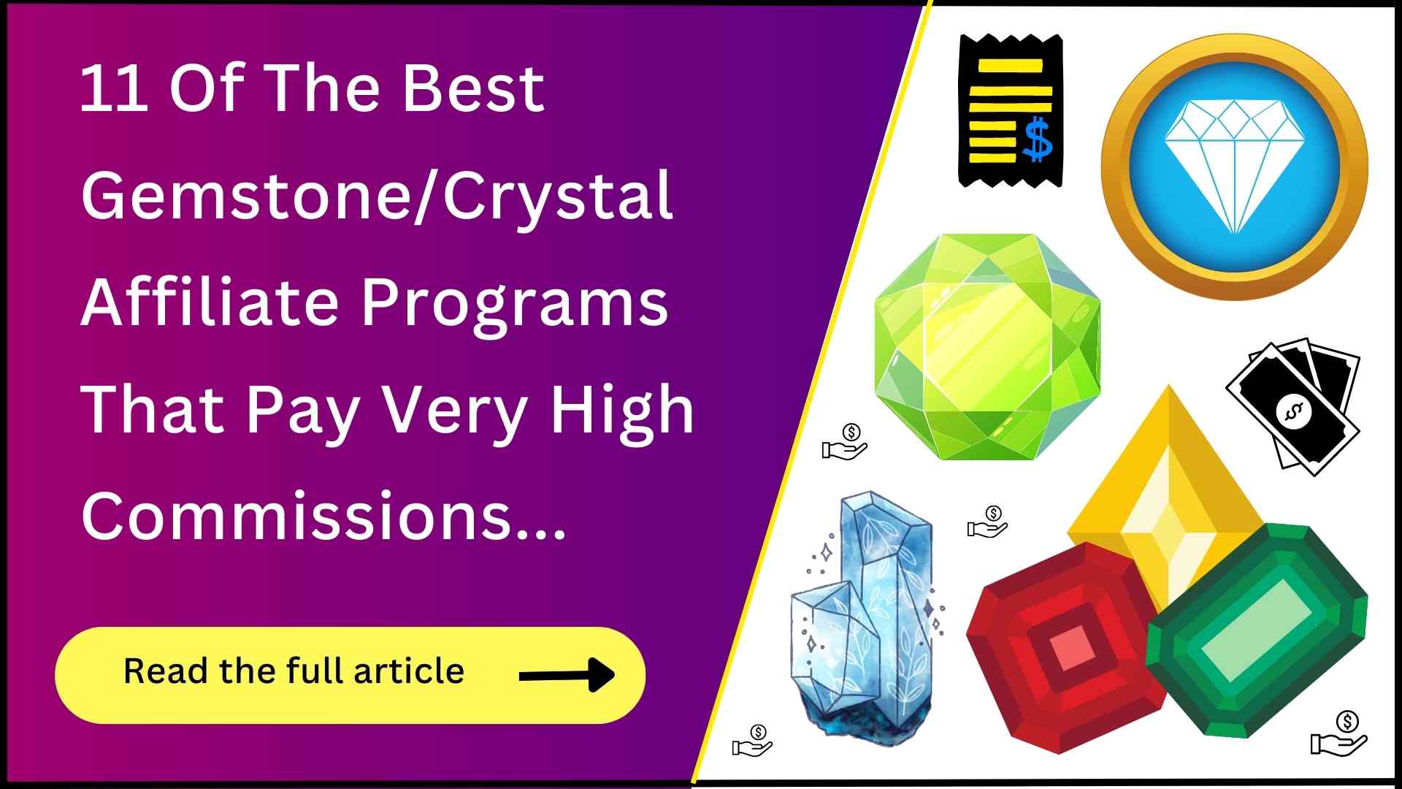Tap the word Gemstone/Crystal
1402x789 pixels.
click(x=377, y=196)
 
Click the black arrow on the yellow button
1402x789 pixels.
click(x=567, y=675)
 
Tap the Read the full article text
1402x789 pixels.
click(x=294, y=671)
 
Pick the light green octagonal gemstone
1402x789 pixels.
click(x=987, y=346)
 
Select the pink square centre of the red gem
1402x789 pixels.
click(x=1071, y=647)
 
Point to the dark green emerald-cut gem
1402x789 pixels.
click(x=1256, y=630)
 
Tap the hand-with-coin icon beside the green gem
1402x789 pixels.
click(x=845, y=442)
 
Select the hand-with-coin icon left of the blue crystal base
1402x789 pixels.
click(x=753, y=741)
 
